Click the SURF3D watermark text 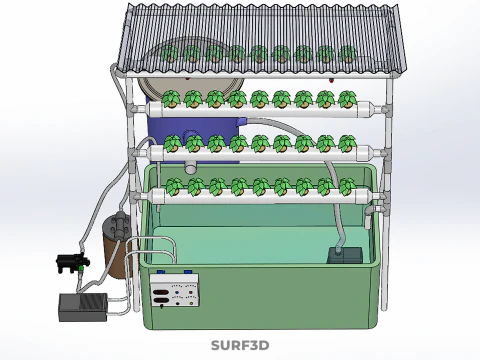pyautogui.click(x=240, y=345)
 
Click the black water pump pyautogui.click(x=72, y=262)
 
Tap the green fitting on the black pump pyautogui.click(x=81, y=268)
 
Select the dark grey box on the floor pyautogui.click(x=83, y=307)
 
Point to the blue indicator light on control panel pyautogui.click(x=177, y=292)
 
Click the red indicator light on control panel pyautogui.click(x=190, y=292)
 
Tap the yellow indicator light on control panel pyautogui.click(x=191, y=304)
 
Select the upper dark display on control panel pyautogui.click(x=161, y=293)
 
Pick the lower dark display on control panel pyautogui.click(x=161, y=301)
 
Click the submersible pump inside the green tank pyautogui.click(x=345, y=255)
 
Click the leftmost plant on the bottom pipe pyautogui.click(x=174, y=186)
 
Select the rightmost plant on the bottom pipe pyautogui.click(x=347, y=186)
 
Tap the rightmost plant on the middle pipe pyautogui.click(x=347, y=143)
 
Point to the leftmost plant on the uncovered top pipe pyautogui.click(x=171, y=99)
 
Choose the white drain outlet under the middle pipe pyautogui.click(x=191, y=167)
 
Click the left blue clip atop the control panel pyautogui.click(x=160, y=272)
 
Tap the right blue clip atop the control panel pyautogui.click(x=188, y=272)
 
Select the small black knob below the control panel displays pyautogui.click(x=162, y=307)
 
